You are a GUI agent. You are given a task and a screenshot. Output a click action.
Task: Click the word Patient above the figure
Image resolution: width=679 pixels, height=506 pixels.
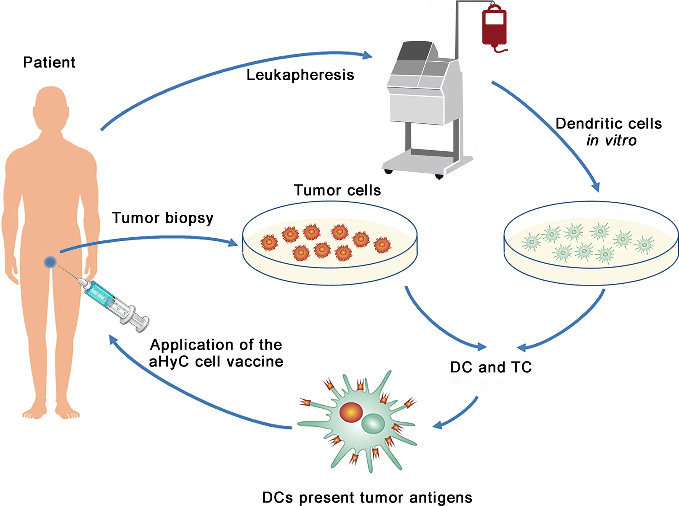click(x=49, y=62)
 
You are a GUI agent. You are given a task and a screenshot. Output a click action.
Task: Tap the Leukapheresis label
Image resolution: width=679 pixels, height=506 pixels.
click(x=300, y=75)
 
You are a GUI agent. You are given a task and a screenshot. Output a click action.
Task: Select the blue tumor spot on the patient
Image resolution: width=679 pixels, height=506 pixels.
click(x=50, y=262)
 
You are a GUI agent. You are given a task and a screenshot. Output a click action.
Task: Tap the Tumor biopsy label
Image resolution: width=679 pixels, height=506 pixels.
click(x=162, y=218)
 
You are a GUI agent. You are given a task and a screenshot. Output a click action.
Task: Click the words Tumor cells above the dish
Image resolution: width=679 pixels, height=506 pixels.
click(x=337, y=190)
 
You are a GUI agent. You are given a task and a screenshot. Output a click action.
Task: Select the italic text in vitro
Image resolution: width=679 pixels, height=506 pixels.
click(x=611, y=141)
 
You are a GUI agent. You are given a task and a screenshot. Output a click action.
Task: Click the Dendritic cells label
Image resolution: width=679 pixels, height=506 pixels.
click(x=608, y=123)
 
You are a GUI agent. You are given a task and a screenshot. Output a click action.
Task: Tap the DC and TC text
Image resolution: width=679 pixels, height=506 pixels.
click(x=491, y=367)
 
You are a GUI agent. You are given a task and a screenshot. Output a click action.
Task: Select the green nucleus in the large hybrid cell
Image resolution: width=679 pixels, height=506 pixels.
click(x=373, y=424)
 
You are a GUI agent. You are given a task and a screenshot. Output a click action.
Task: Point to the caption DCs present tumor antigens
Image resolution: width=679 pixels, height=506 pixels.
click(x=367, y=498)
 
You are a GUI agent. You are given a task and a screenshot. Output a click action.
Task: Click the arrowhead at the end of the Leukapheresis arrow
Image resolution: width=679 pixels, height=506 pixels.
click(x=368, y=55)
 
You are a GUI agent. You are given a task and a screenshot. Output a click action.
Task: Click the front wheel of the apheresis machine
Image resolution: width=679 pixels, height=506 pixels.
click(x=439, y=176)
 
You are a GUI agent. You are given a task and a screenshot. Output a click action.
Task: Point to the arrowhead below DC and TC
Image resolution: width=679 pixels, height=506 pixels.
click(x=437, y=425)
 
